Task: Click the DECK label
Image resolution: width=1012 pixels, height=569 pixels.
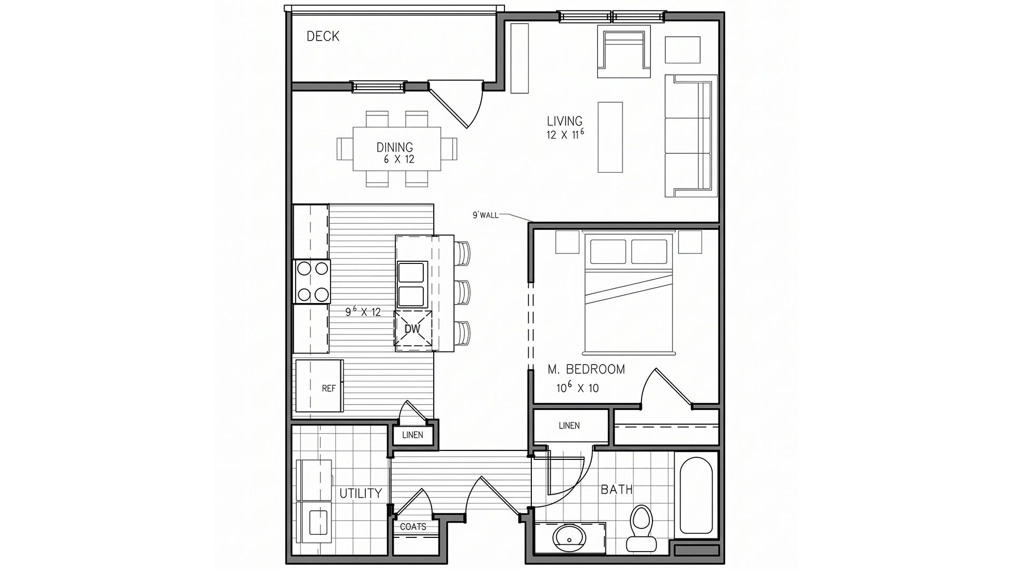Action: coord(323,36)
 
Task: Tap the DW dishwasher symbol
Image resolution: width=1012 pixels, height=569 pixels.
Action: coord(413,329)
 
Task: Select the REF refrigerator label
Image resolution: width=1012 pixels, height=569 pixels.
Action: coord(328,388)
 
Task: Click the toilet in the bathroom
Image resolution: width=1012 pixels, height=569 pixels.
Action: coord(641,528)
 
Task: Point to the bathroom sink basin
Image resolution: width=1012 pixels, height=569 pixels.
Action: coord(569,538)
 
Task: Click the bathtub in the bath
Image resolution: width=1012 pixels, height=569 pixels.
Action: coord(696,496)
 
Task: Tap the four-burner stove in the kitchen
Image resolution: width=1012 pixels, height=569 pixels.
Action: coord(312,281)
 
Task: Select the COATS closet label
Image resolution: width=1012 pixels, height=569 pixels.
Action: coord(413,527)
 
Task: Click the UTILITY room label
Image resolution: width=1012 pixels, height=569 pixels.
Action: coord(361,494)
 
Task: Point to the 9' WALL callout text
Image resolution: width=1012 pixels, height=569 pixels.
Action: coord(485,215)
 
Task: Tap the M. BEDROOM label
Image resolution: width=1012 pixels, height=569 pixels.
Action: coord(586,369)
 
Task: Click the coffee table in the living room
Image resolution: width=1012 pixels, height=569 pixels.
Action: coord(610,137)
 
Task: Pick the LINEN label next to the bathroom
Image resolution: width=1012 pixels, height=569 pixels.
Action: coord(569,426)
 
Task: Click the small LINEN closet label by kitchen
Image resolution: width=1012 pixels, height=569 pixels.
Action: coord(412,435)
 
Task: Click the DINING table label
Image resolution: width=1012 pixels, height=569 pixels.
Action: coord(395,148)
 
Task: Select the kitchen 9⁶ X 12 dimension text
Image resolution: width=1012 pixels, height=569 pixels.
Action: coord(363,311)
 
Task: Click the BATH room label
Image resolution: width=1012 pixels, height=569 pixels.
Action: coord(617,489)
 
